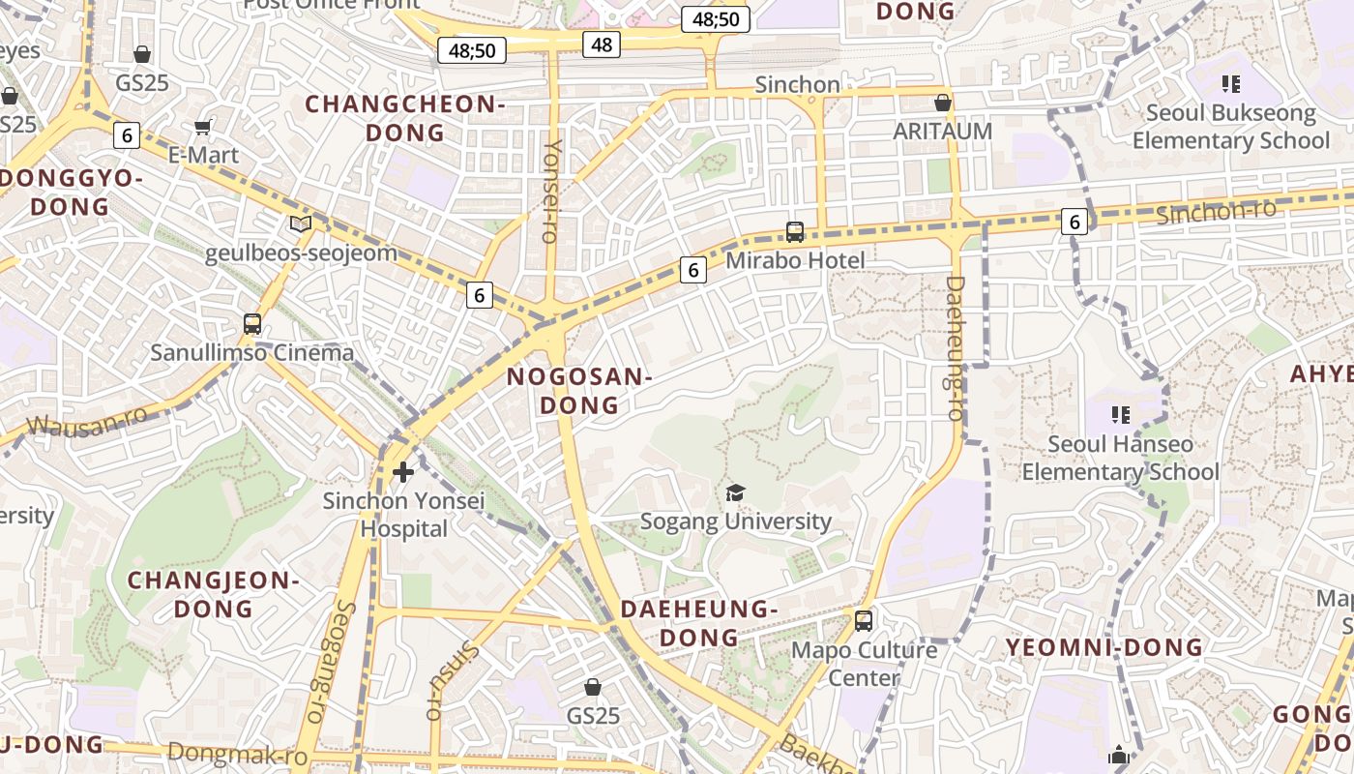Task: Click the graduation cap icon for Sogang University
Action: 735,493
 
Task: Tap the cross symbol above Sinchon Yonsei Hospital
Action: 403,472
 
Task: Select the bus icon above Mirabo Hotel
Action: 795,232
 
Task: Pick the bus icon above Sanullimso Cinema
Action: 252,324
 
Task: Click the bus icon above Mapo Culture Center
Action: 864,621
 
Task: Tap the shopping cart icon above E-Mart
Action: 203,127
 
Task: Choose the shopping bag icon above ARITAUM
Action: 943,103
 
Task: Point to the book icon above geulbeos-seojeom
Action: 301,224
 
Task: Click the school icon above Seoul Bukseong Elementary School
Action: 1230,84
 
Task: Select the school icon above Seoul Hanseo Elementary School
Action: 1121,415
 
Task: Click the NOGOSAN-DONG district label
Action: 579,391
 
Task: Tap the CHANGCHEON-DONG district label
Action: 405,118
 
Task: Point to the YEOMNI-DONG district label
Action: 1104,647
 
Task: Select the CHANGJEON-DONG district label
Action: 213,594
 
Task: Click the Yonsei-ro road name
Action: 551,190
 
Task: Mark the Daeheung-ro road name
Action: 955,348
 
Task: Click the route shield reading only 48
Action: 601,44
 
